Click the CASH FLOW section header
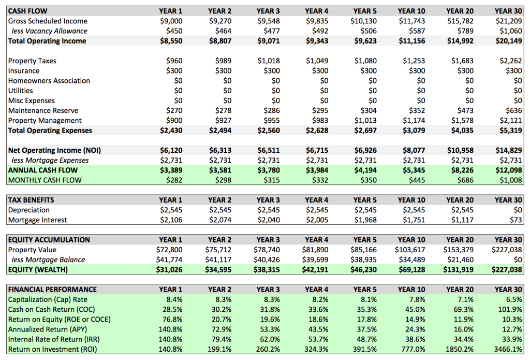pos(26,11)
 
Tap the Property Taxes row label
pos(32,61)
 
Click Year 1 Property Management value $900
pos(174,121)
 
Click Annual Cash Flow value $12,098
pos(510,170)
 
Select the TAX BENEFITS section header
pos(31,200)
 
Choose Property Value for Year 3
pos(269,250)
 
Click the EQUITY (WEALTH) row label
pos(38,270)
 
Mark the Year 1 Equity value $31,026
pos(169,270)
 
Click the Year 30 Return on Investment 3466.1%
pos(508,349)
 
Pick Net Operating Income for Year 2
pos(219,150)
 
